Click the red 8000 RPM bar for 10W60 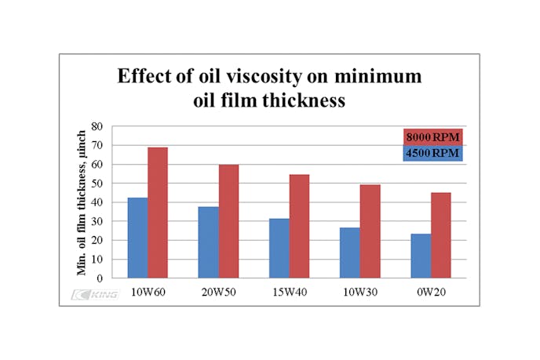pyautogui.click(x=158, y=212)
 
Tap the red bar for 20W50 pyautogui.click(x=228, y=220)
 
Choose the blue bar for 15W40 pyautogui.click(x=279, y=248)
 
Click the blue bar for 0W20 pyautogui.click(x=420, y=256)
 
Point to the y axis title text pyautogui.click(x=80, y=202)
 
